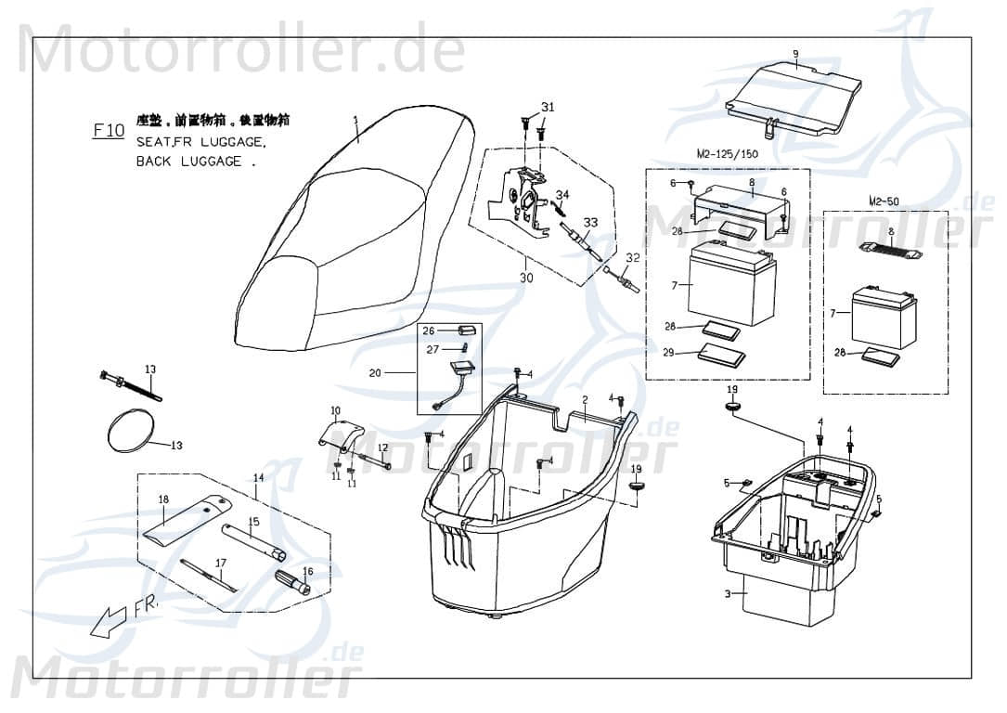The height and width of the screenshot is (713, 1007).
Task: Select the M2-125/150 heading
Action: click(x=726, y=153)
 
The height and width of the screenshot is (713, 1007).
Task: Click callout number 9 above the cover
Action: click(x=795, y=53)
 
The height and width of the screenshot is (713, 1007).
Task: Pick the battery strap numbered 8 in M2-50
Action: click(x=890, y=248)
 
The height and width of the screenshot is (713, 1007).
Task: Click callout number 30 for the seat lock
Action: click(x=526, y=278)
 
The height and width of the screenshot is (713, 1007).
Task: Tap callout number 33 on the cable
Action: click(x=591, y=223)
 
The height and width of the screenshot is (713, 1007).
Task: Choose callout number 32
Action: click(x=632, y=257)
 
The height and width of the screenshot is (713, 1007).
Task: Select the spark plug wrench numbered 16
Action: click(x=293, y=583)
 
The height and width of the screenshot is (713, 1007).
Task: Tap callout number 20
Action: click(x=375, y=373)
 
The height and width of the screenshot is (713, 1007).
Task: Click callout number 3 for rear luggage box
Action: click(x=729, y=593)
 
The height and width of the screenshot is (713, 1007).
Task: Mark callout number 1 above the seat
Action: click(x=355, y=119)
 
